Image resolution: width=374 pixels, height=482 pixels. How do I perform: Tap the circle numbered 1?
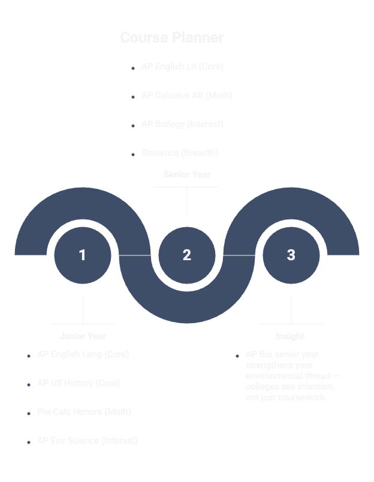point(83,255)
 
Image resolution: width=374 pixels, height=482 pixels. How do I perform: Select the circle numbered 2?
point(187,255)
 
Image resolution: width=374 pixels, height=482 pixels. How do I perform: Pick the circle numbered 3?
point(291,255)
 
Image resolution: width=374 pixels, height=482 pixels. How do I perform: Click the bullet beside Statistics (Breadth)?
point(133,155)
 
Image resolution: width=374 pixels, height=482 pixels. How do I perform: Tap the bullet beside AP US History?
point(29,385)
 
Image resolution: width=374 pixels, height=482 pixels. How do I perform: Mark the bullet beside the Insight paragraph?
point(237,356)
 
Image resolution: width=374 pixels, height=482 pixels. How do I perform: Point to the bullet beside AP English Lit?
point(133,68)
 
